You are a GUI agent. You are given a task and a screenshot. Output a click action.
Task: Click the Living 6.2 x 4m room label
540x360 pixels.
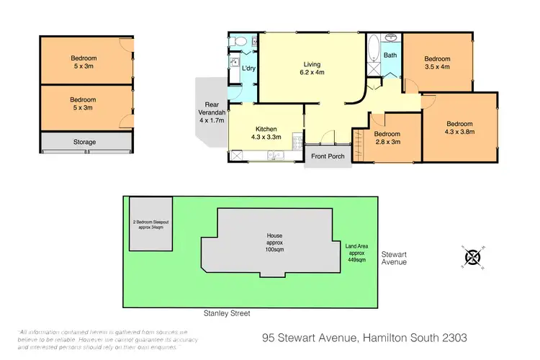(x=311, y=68)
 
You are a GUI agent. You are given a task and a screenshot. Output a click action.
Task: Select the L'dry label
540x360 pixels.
(x=248, y=68)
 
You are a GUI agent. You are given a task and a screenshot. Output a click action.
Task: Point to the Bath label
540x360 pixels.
(x=390, y=55)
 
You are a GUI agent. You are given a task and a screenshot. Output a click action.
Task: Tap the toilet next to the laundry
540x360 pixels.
(x=236, y=42)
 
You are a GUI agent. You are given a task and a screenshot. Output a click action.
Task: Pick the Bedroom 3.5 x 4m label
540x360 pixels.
(x=437, y=63)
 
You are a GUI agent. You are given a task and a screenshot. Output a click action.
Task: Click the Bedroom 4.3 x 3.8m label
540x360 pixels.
(x=459, y=127)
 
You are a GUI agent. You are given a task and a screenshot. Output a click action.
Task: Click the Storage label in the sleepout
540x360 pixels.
(x=84, y=142)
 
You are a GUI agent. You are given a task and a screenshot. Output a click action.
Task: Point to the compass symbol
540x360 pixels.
(x=472, y=257)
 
